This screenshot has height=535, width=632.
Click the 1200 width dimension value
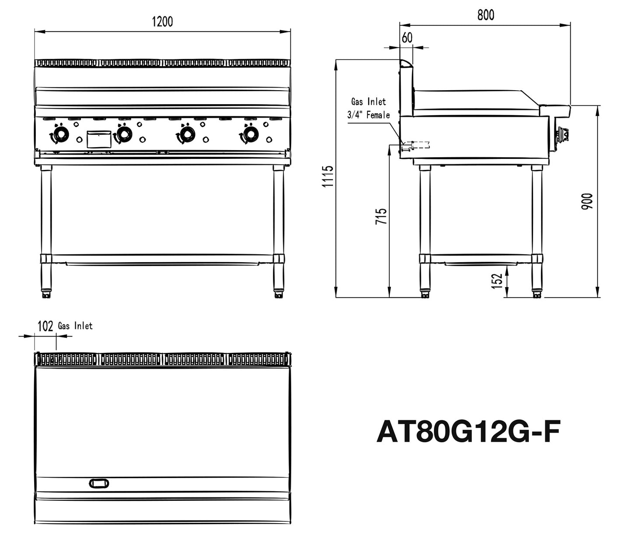point(162,22)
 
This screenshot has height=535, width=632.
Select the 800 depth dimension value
point(485,15)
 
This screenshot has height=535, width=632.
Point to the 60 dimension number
point(407,38)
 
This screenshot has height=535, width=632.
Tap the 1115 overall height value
point(328,176)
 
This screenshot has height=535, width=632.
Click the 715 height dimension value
point(381,216)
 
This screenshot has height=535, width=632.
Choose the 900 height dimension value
point(587,201)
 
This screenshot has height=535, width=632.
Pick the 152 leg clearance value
point(496,281)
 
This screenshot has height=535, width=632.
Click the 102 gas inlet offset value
point(45,326)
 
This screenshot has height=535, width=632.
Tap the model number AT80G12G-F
point(468,432)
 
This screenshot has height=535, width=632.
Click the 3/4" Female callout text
point(368,115)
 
